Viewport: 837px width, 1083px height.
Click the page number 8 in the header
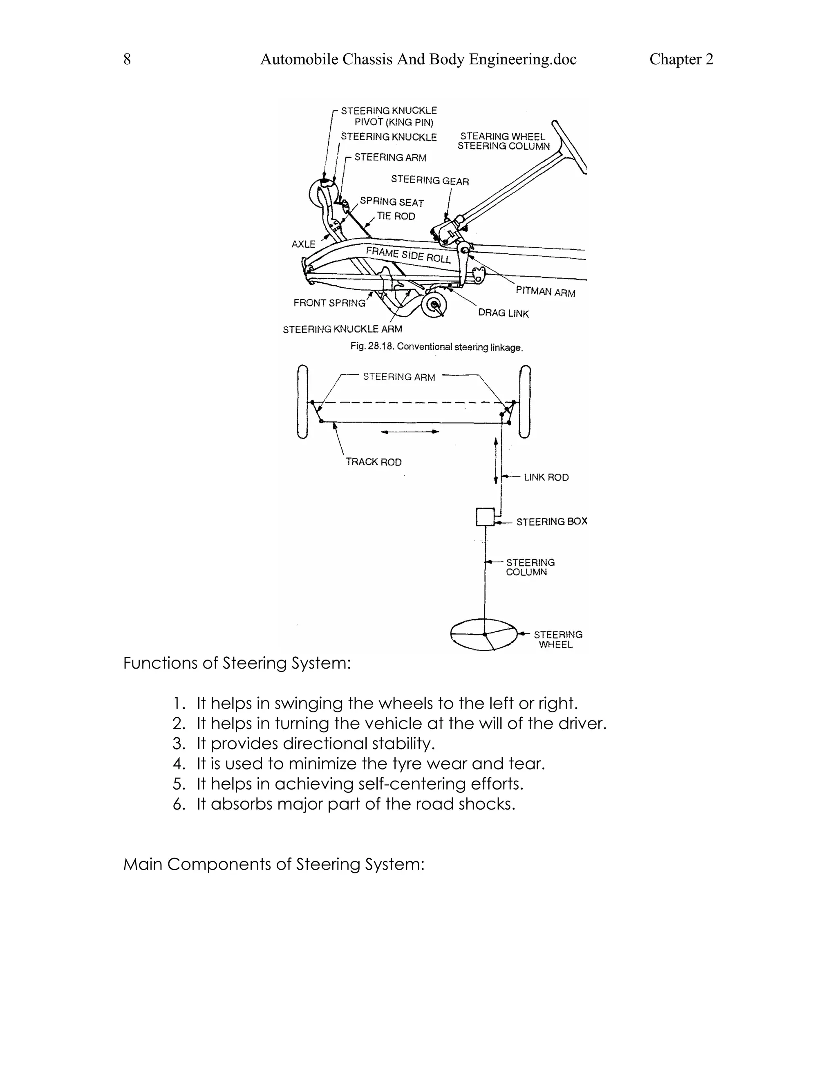click(127, 60)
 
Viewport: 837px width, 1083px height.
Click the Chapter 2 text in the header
click(681, 60)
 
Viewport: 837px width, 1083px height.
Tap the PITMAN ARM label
click(545, 291)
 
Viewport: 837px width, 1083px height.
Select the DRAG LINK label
click(503, 313)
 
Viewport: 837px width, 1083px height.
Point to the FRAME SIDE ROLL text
click(408, 255)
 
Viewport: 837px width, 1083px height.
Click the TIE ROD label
click(396, 216)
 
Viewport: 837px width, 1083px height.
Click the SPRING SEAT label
click(392, 202)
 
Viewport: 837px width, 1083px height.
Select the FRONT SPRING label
click(329, 302)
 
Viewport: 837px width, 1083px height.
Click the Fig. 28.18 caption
click(436, 347)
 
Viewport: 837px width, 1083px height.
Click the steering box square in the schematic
click(485, 517)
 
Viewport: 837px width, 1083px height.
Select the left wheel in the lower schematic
click(302, 402)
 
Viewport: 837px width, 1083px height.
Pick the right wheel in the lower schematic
click(525, 402)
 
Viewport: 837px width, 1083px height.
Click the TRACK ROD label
click(374, 462)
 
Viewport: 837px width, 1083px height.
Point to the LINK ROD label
click(546, 477)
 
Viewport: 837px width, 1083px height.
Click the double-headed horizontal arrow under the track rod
click(410, 432)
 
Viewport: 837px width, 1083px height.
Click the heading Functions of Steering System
click(237, 663)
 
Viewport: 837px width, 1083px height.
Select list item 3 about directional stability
click(316, 743)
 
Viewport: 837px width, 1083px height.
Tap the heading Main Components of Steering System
click(274, 864)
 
